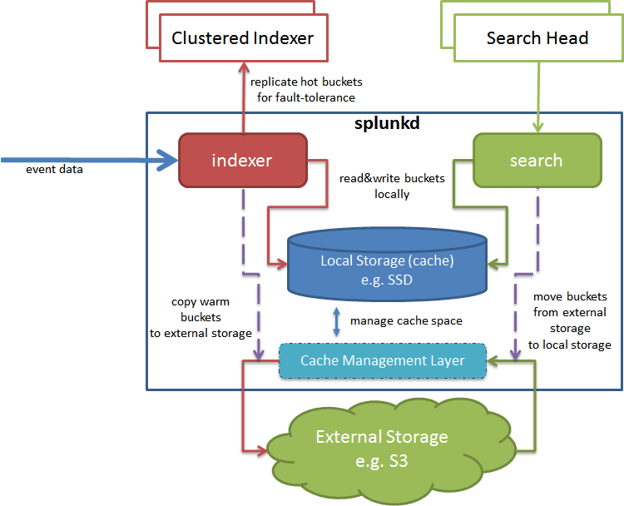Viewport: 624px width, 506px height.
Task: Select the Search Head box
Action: tap(537, 38)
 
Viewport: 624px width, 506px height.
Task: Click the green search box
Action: tap(537, 160)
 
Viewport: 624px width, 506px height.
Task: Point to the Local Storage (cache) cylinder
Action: tap(387, 269)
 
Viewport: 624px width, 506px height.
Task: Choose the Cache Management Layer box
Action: tap(382, 360)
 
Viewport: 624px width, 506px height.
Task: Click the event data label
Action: tap(55, 169)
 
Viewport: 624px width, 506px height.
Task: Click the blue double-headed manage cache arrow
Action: tap(336, 321)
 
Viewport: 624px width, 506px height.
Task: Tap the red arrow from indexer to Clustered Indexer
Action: tap(244, 96)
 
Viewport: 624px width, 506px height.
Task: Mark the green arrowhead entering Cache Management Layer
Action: tap(493, 360)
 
